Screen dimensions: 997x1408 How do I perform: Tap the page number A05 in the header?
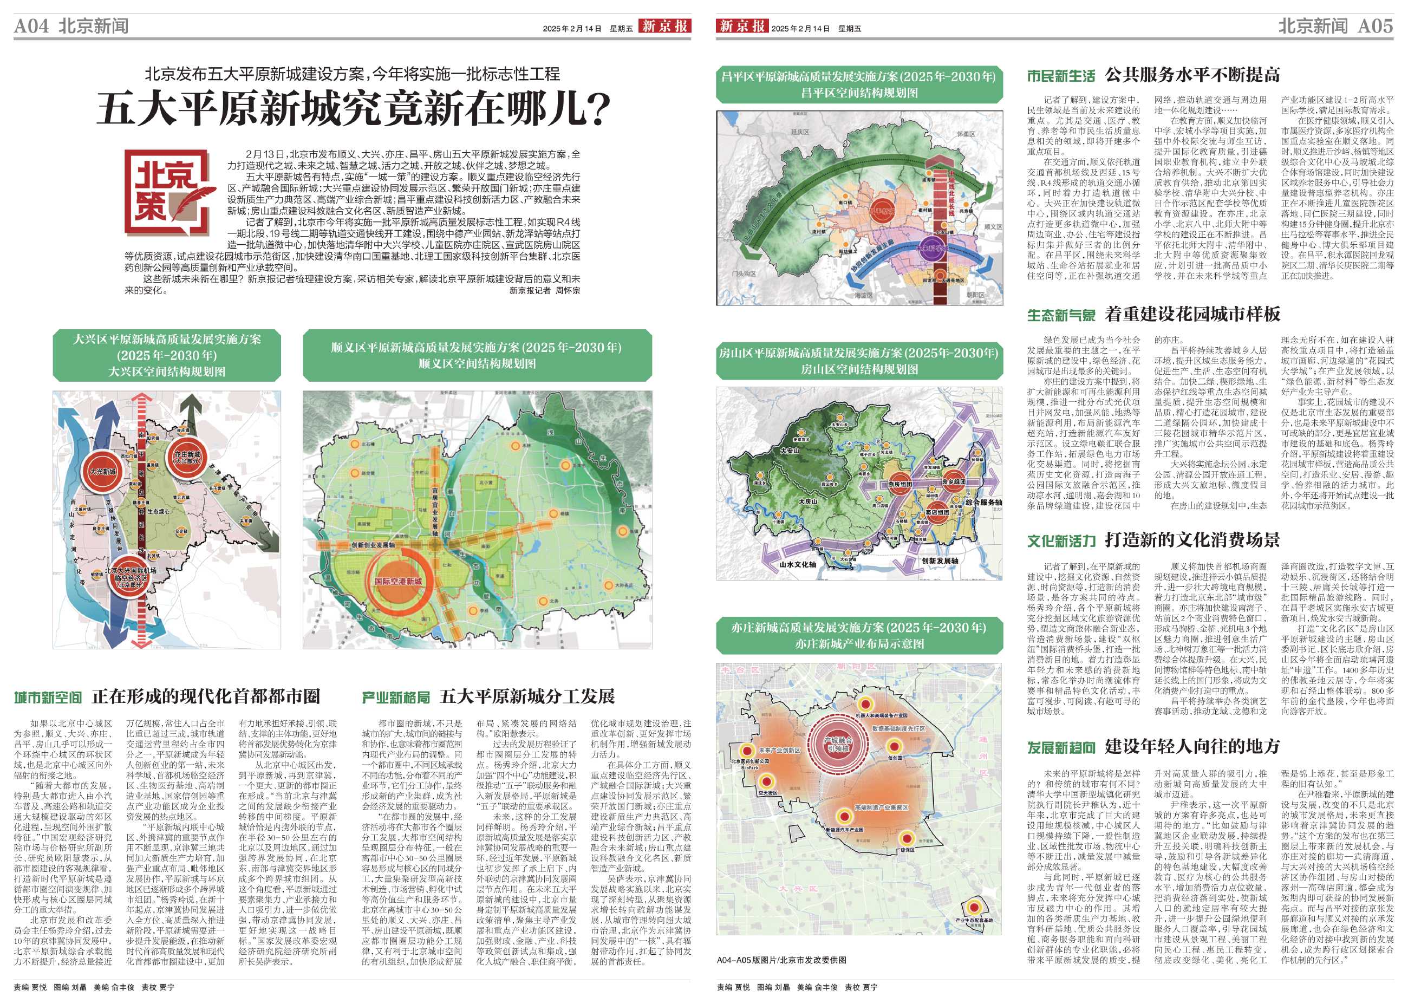pyautogui.click(x=1375, y=27)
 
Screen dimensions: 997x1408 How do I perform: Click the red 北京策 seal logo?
pyautogui.click(x=170, y=193)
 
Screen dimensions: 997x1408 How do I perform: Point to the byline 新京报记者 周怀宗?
pyautogui.click(x=544, y=290)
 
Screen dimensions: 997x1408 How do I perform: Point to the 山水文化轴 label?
pyautogui.click(x=798, y=564)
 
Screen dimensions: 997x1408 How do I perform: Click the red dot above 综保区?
pyautogui.click(x=906, y=838)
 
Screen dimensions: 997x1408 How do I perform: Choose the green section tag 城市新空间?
pyautogui.click(x=48, y=698)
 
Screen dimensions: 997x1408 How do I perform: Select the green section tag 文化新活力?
pyautogui.click(x=1061, y=541)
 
